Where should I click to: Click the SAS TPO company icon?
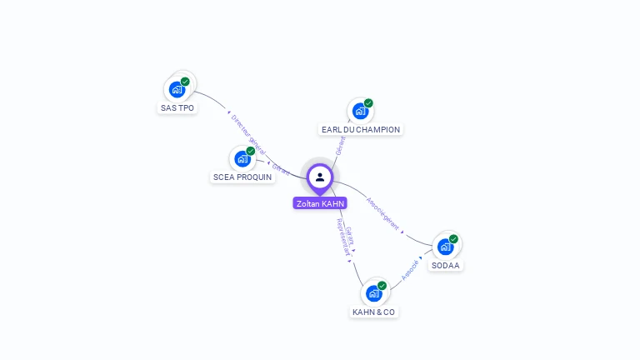tap(177, 88)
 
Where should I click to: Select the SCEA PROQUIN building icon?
tap(242, 157)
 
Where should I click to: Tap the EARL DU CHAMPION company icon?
tap(360, 110)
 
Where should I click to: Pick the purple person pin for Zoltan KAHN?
tap(319, 177)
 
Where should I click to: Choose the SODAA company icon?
tap(446, 246)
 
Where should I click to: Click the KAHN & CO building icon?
tap(374, 292)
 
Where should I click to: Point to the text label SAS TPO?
tap(177, 108)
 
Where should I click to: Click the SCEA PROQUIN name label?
tap(242, 177)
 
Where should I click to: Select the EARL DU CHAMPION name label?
tap(361, 130)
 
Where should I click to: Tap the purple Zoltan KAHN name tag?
tap(320, 203)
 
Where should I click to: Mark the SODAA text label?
tap(446, 266)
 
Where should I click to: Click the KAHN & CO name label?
tap(374, 312)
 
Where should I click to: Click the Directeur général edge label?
tap(247, 135)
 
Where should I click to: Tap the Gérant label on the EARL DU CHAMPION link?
tap(340, 147)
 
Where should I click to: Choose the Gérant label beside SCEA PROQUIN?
tap(280, 169)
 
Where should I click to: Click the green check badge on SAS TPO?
tap(185, 82)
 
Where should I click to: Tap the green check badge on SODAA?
tap(453, 239)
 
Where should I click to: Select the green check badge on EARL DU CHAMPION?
tap(368, 103)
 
